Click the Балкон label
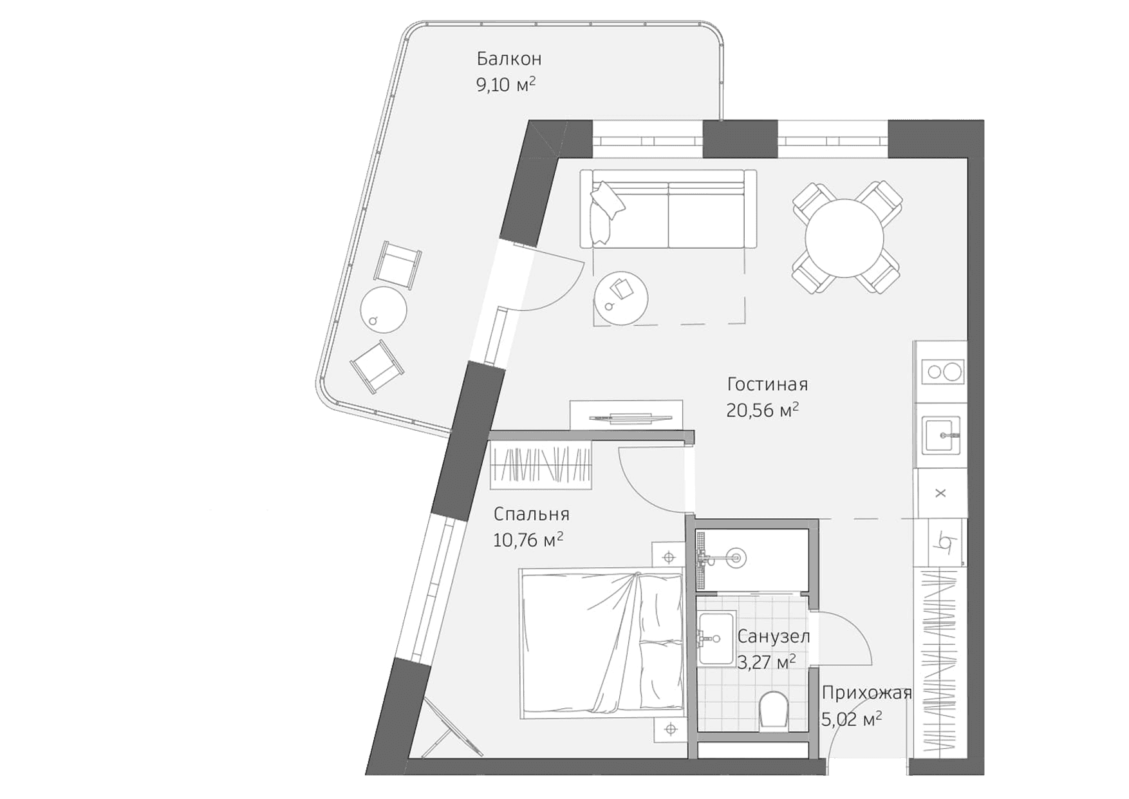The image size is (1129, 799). (x=509, y=59)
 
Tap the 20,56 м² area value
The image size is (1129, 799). (x=762, y=410)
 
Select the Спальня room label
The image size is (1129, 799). (x=531, y=514)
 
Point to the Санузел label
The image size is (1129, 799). (x=773, y=636)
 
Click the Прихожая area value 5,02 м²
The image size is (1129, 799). (x=851, y=719)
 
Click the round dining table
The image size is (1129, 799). (x=845, y=238)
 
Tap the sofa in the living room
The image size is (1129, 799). (x=668, y=209)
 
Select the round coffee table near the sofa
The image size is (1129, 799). (x=621, y=299)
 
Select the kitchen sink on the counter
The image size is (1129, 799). (x=942, y=436)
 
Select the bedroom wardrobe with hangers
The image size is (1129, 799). (x=541, y=464)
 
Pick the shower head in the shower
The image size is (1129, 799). (x=734, y=558)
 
